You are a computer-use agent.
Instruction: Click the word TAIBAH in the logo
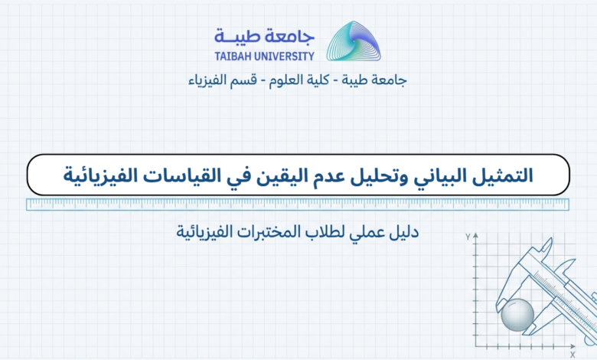[x=233, y=57]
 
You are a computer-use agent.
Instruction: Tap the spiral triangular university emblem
[x=354, y=41]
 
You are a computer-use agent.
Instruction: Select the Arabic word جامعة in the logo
[x=293, y=37]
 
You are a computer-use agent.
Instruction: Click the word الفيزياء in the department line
[x=206, y=80]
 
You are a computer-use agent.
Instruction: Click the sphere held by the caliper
[x=517, y=315]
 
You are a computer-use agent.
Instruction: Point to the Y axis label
[x=468, y=237]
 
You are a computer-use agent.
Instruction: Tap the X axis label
[x=573, y=355]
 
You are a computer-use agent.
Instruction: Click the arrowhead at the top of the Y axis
[x=475, y=236]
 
